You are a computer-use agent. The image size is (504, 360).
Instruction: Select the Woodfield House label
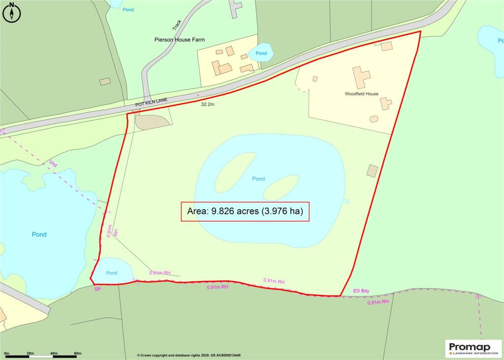pos(361,94)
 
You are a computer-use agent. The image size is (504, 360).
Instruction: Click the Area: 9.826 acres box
pos(245,212)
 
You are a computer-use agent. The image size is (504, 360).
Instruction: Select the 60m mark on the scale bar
pos(77,354)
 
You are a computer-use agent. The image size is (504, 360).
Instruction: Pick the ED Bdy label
pos(361,291)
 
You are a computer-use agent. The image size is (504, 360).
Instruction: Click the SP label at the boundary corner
pos(97,289)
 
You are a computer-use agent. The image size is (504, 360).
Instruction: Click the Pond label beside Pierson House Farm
pos(261,53)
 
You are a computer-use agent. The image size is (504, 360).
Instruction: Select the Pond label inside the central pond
pos(258,179)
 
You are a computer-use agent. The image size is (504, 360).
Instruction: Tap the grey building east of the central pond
pos(372,171)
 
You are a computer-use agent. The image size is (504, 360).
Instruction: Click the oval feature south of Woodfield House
pos(374,119)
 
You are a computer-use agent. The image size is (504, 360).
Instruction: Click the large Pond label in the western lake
pos(39,234)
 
